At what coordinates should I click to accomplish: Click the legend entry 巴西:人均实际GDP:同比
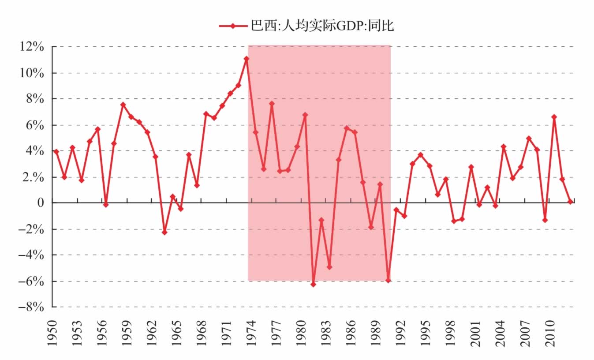pos(306,26)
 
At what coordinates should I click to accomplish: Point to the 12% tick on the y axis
pos(32,47)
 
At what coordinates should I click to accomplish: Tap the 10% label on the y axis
pos(32,73)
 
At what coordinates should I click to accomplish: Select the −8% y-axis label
pos(31,307)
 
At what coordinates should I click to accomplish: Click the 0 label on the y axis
pos(41,202)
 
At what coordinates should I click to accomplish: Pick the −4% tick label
pos(31,255)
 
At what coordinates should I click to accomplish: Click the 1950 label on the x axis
pos(52,333)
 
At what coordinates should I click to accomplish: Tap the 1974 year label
pos(251,333)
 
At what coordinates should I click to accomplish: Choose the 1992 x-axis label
pos(400,333)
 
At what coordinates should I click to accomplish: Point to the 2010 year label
pos(550,333)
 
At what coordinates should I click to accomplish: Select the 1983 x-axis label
pos(326,333)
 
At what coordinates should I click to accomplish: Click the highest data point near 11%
pos(247,59)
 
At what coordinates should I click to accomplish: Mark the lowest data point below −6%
pos(313,285)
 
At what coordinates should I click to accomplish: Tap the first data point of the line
pos(56,151)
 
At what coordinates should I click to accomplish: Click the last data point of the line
pos(570,202)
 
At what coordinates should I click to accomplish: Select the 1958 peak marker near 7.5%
pos(123,105)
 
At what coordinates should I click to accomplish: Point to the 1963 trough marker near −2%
pos(164,232)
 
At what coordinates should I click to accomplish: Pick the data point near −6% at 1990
pos(388,281)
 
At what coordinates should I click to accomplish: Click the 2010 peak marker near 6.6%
pos(554,117)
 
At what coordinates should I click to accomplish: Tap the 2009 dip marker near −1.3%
pos(545,220)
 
